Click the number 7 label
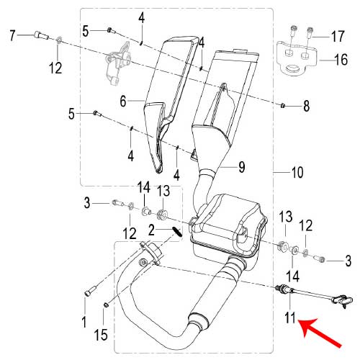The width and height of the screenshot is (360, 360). tap(12, 34)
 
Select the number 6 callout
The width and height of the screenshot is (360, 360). tap(123, 102)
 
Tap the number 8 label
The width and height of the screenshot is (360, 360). tap(306, 107)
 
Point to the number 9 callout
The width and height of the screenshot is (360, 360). tap(242, 167)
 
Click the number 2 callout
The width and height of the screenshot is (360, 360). tap(152, 230)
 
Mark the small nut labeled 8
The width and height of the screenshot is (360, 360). tap(284, 106)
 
